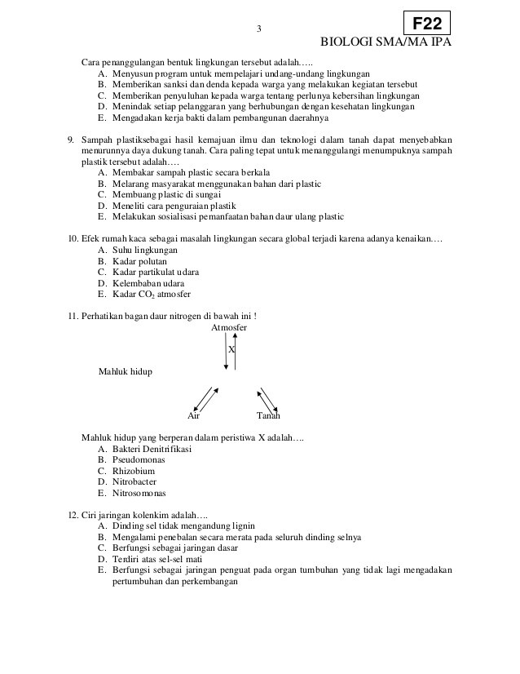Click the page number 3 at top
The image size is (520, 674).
coord(258,30)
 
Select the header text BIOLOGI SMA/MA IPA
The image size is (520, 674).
coord(386,43)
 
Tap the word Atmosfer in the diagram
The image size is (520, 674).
coord(229,327)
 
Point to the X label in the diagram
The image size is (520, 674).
coord(231,348)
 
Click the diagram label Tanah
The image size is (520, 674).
coord(268,415)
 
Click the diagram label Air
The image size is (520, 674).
coord(194,415)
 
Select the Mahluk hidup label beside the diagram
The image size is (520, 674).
coord(125,371)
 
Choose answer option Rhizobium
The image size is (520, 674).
coord(133,471)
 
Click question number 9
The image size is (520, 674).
coord(71,140)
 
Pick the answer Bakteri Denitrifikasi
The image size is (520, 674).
coord(152,448)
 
